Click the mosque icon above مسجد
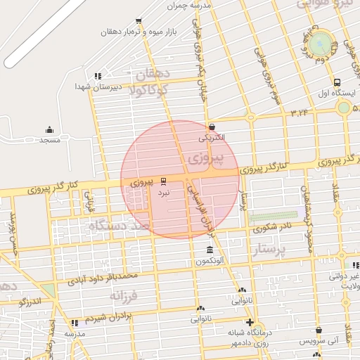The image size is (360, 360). tap(49, 129)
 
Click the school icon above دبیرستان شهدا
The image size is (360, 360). tap(98, 76)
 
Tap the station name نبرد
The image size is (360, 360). tap(163, 191)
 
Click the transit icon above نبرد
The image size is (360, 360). tap(163, 181)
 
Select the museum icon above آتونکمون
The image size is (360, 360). tap(210, 251)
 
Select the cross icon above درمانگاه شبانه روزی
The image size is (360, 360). tap(249, 322)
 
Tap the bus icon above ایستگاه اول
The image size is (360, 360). tap(337, 82)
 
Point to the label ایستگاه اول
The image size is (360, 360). tap(333, 93)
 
